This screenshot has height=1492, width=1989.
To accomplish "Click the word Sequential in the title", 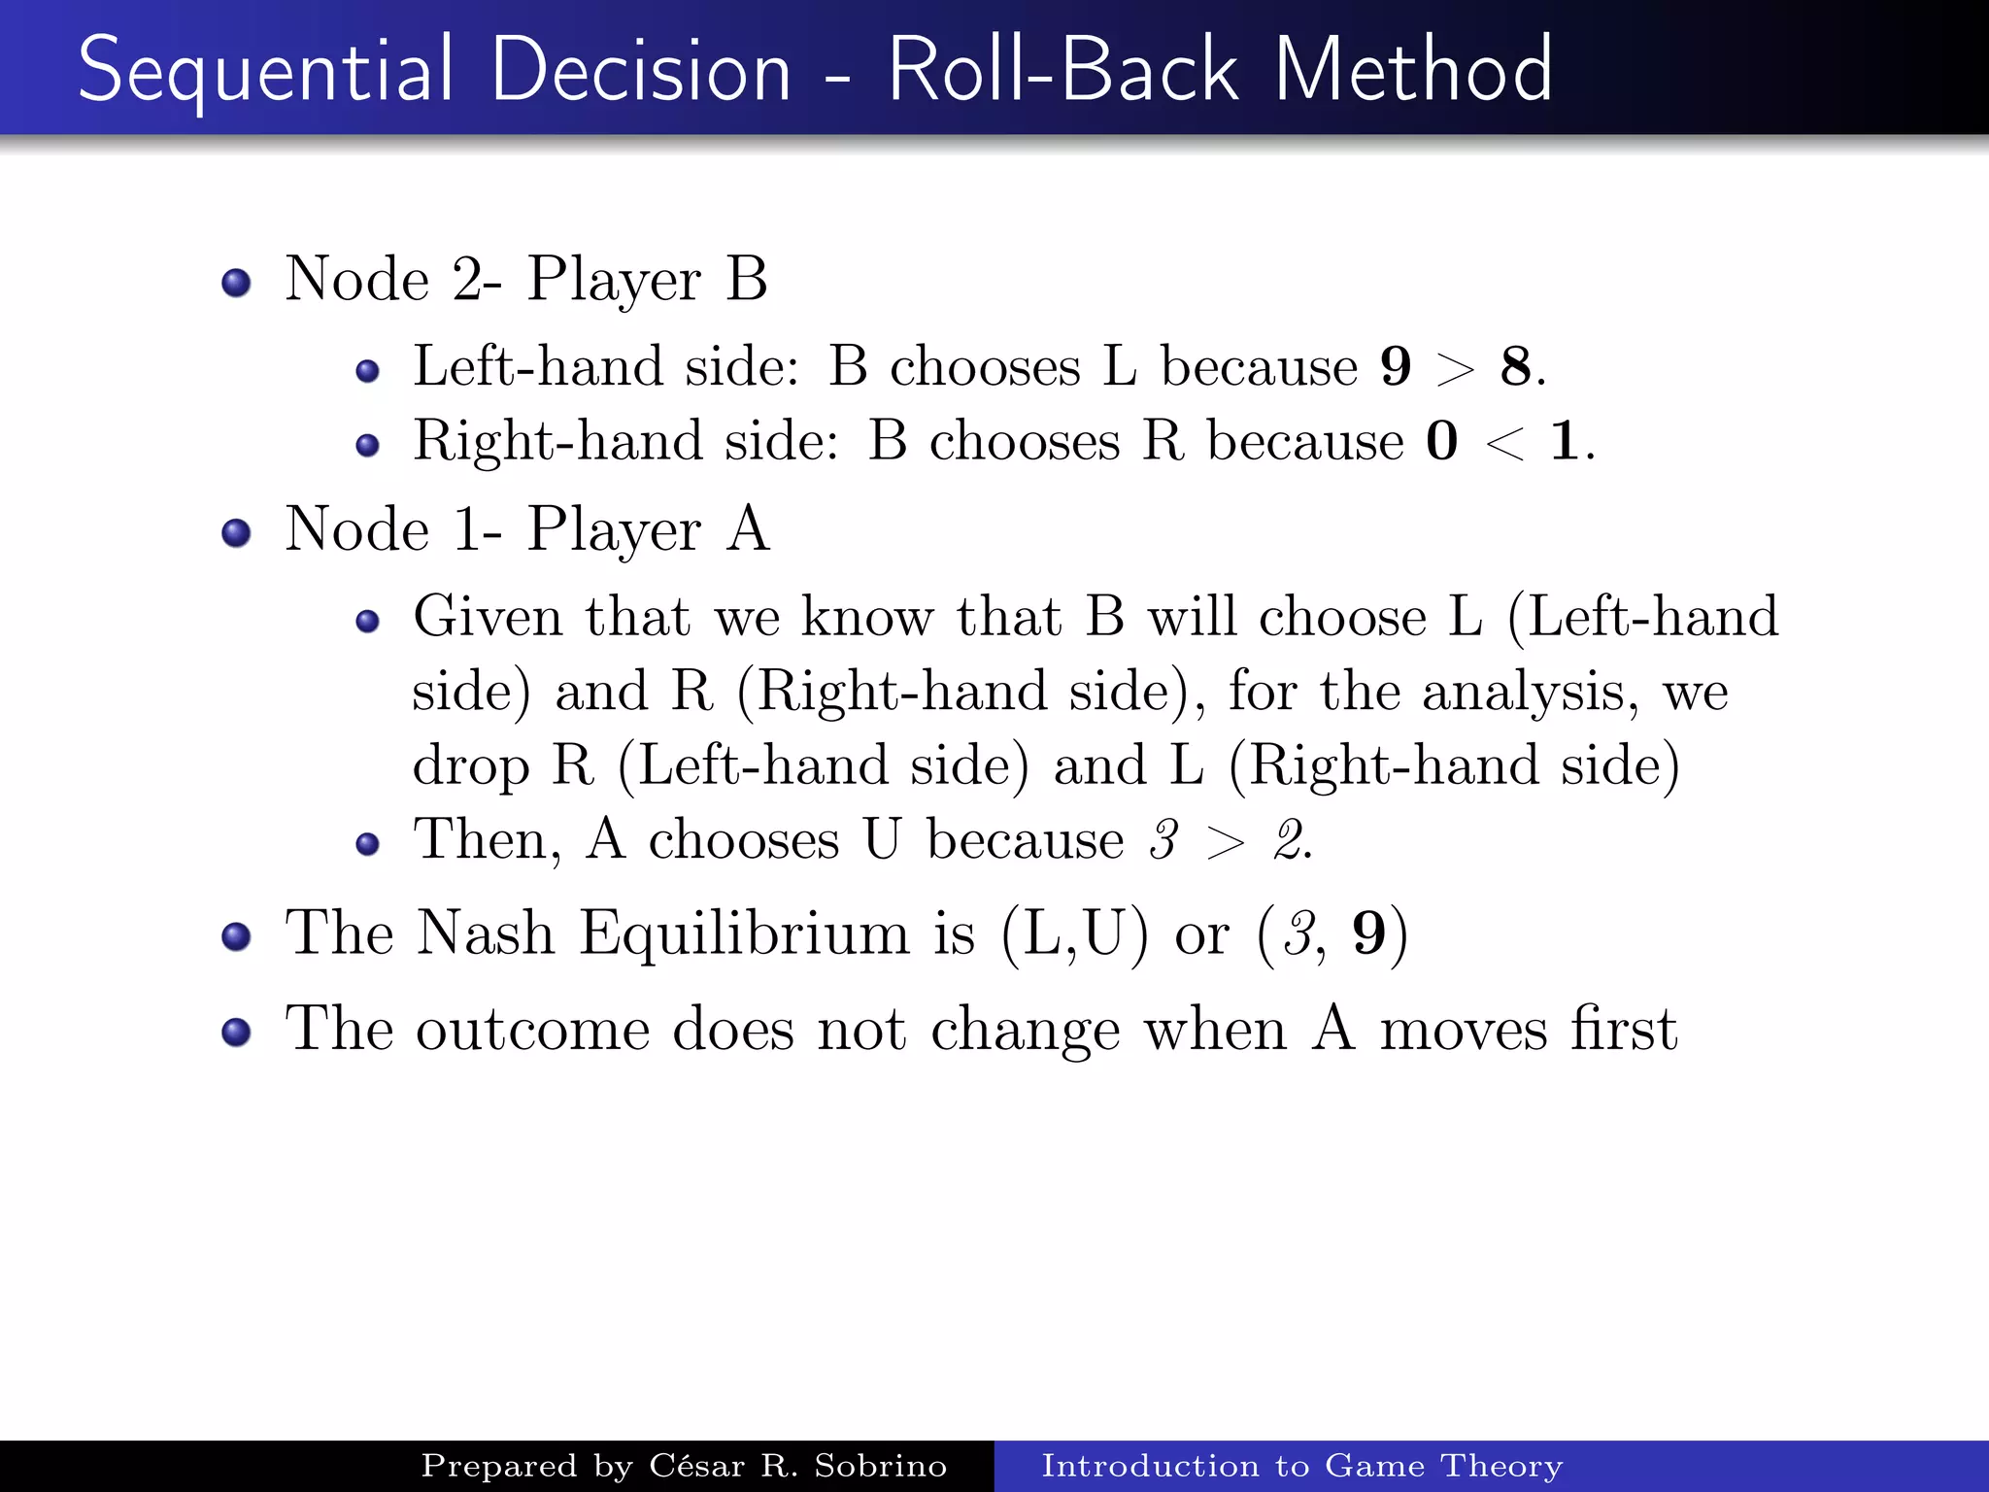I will click(x=264, y=70).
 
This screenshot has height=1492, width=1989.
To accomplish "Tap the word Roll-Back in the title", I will click(x=1062, y=70).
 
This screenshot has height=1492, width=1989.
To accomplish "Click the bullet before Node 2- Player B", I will click(x=236, y=283).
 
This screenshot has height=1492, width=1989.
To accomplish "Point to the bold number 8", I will click(x=1515, y=367).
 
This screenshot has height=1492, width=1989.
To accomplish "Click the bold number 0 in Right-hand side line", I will click(x=1442, y=441).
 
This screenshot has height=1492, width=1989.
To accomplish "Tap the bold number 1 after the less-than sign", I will click(x=1564, y=441).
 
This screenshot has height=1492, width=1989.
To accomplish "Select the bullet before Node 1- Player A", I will click(x=236, y=532).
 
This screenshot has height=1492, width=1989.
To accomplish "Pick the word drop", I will click(x=471, y=767).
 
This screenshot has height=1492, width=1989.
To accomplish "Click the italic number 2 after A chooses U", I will click(x=1291, y=839).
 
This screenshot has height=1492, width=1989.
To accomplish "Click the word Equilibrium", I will click(x=745, y=934).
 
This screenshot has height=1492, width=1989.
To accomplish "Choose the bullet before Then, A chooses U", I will click(x=367, y=843).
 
